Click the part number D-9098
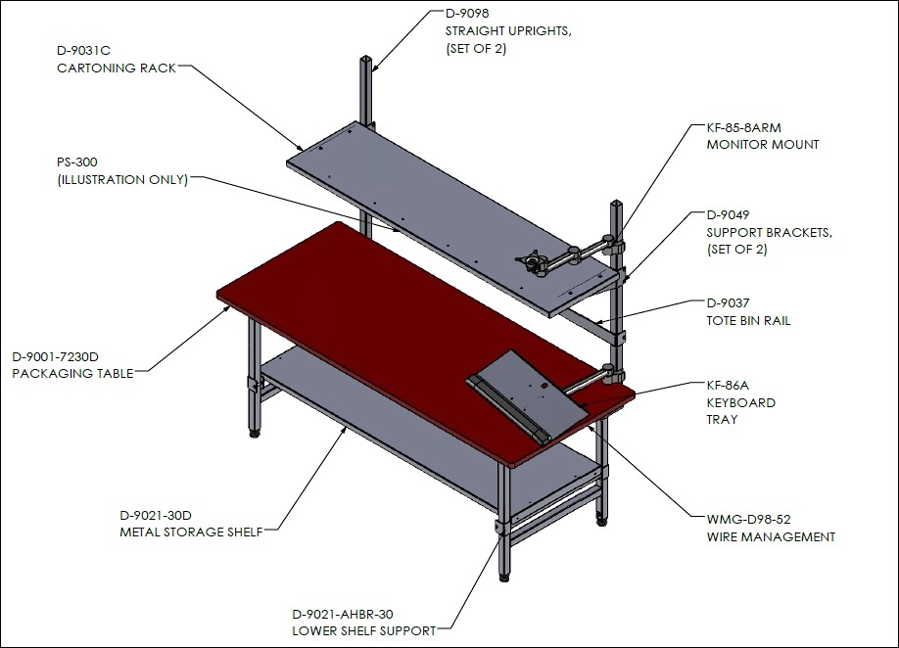tap(467, 13)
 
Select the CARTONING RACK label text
tap(117, 69)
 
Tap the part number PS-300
tap(76, 162)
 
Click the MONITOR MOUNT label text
tap(763, 145)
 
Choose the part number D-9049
tap(728, 214)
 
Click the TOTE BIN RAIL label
tap(748, 321)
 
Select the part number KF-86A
tap(728, 385)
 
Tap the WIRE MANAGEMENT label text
tap(771, 537)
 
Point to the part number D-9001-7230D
tap(55, 357)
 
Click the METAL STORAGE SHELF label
tap(191, 532)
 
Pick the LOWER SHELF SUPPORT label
tap(364, 631)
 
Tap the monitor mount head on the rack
tap(534, 259)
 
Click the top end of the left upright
tap(366, 59)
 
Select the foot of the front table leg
tap(504, 577)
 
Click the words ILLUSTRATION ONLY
tap(122, 180)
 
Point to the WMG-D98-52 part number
tap(748, 520)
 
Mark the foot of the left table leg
tap(255, 434)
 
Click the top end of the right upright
tap(616, 203)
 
